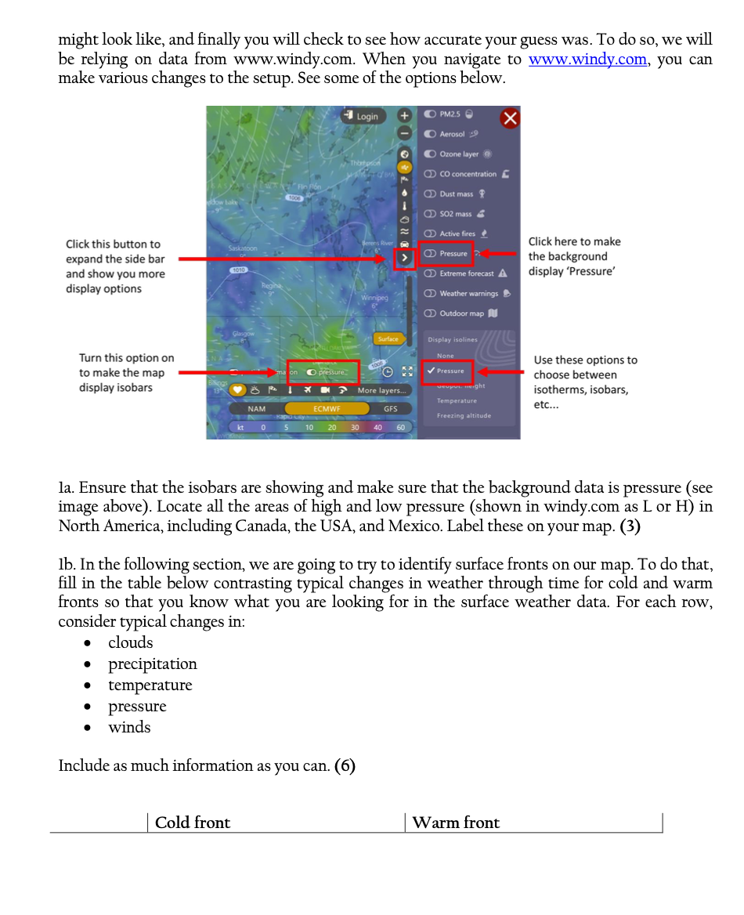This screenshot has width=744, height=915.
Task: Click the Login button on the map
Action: click(x=363, y=117)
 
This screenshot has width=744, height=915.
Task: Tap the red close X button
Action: click(x=510, y=118)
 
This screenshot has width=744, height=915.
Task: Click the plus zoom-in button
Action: click(x=404, y=115)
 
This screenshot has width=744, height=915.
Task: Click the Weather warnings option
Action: click(x=467, y=293)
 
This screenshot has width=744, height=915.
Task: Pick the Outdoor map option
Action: click(x=460, y=313)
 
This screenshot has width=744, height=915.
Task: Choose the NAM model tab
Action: click(x=256, y=408)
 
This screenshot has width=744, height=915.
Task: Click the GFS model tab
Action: click(x=390, y=408)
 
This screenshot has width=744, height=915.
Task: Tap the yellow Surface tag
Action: click(x=388, y=339)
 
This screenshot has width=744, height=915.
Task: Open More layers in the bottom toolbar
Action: click(x=381, y=390)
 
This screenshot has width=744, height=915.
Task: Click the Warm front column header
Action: click(x=456, y=823)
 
